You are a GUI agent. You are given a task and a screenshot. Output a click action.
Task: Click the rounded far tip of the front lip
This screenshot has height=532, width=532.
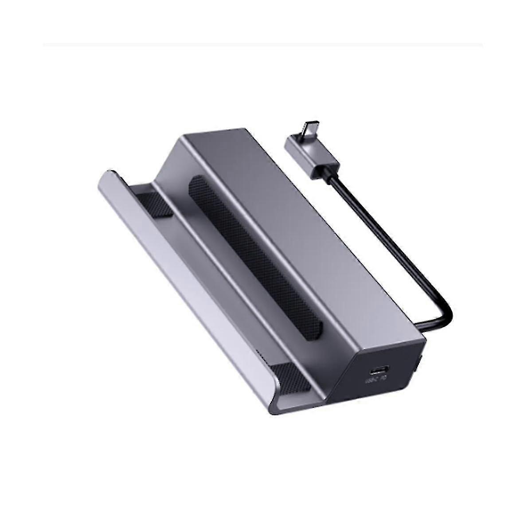(x=106, y=175)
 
